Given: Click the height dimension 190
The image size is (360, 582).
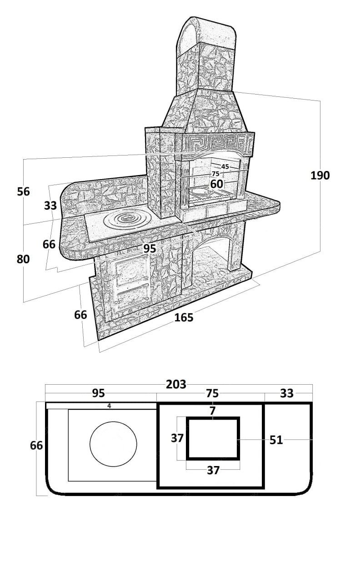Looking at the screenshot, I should (x=320, y=175).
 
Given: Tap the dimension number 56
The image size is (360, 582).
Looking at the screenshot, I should (x=23, y=192).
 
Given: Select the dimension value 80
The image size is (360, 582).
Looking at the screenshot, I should (x=23, y=259).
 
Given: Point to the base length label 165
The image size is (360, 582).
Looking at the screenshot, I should (x=184, y=318).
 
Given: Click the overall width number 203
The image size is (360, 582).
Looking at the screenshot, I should (x=176, y=385).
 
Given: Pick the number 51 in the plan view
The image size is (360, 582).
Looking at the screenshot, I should (x=276, y=440).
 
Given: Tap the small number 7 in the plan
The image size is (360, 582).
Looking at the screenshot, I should (x=212, y=411).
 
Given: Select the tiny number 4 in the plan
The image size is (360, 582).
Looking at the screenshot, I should (x=109, y=406).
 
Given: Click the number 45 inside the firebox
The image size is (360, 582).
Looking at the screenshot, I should (x=225, y=167).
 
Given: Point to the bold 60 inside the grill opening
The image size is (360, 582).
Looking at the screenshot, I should (x=217, y=184).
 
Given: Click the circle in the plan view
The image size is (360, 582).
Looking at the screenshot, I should (x=113, y=444).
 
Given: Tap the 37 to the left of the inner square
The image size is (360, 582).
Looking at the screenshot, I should (x=177, y=438).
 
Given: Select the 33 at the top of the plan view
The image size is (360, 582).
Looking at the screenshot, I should (x=287, y=393).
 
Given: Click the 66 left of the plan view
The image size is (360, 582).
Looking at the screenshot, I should (x=36, y=446).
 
